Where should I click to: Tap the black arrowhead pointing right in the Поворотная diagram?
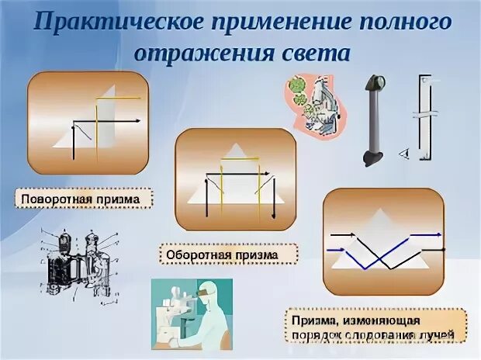142,121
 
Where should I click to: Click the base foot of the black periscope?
372,158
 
